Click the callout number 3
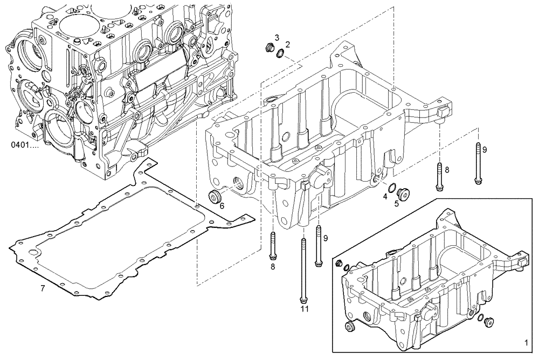[277, 37]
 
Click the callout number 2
[288, 44]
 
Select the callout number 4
[385, 197]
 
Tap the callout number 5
[396, 203]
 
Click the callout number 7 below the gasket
[43, 289]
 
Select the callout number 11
[305, 309]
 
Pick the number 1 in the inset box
[527, 342]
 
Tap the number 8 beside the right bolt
[446, 170]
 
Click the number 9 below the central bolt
[325, 238]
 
